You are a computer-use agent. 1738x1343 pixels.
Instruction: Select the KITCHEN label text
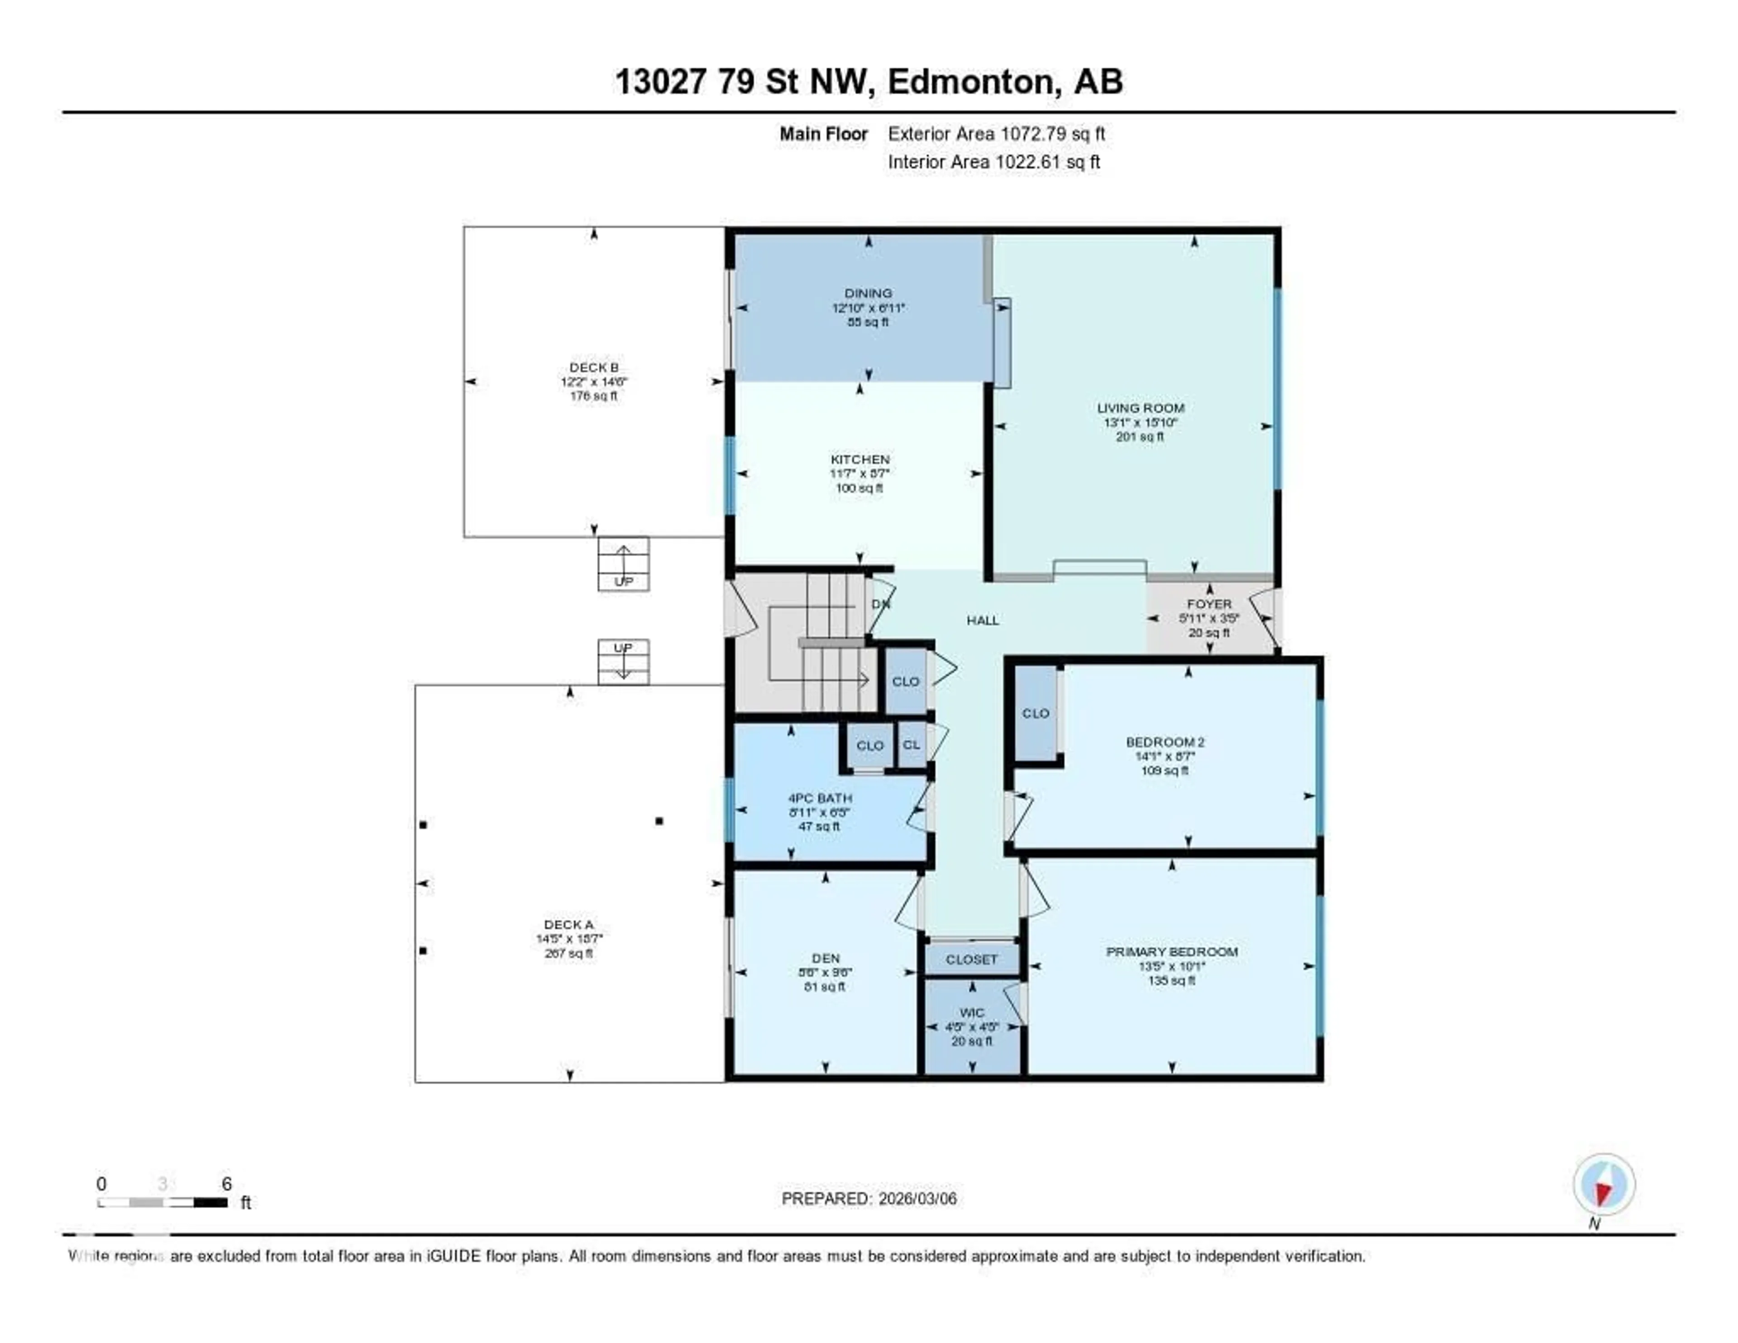pos(859,459)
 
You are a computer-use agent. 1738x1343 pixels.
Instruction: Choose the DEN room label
pos(825,959)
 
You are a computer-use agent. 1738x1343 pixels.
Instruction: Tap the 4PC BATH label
pos(820,798)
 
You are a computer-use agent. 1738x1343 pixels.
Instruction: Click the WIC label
pos(972,1012)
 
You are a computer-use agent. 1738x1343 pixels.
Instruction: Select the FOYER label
pos(1209,604)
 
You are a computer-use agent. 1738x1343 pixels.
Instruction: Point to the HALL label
pos(982,620)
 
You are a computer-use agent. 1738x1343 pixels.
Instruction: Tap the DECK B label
pos(594,368)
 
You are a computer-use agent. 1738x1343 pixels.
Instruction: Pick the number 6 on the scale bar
pos(227,1184)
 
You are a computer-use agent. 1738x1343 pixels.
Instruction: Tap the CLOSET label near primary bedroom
pos(972,960)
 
